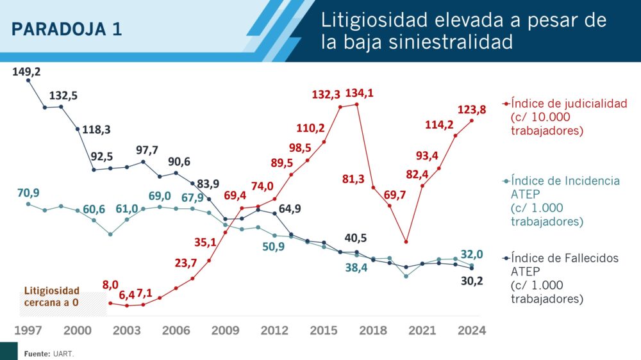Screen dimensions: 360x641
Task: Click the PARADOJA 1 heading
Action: coord(67,29)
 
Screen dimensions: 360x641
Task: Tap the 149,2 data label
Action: coord(26,72)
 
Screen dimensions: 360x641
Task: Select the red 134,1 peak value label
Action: coord(359,94)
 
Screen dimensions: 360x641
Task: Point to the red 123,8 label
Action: coord(472,110)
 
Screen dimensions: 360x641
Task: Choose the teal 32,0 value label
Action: coord(472,254)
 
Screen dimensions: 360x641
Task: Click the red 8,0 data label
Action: coord(110,286)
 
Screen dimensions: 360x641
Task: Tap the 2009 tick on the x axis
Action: coord(225,331)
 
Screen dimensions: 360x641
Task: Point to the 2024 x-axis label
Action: coord(472,331)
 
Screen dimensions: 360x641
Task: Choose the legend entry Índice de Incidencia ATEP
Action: coord(565,181)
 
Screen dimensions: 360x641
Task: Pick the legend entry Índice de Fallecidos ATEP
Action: coord(565,258)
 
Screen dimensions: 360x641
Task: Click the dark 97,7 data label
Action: coord(147,150)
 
